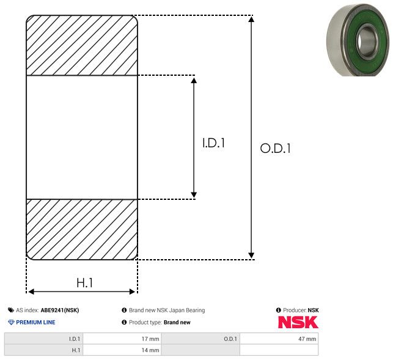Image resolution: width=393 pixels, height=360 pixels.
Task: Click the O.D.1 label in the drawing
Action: click(x=275, y=148)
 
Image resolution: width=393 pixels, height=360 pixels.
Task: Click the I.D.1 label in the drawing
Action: click(x=213, y=143)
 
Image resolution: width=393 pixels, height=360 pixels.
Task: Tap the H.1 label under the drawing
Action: click(x=85, y=283)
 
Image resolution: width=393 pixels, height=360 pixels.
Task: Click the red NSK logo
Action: click(x=298, y=322)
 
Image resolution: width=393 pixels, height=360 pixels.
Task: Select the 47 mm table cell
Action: click(x=279, y=339)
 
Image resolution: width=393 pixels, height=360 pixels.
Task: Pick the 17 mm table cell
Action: click(x=122, y=339)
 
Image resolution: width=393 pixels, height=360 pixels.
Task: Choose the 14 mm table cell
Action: click(x=122, y=350)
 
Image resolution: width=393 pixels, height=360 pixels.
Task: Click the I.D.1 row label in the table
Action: click(x=43, y=339)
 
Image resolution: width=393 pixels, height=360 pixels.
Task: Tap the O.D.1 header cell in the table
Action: click(x=200, y=339)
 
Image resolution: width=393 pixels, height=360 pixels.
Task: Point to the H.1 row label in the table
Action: click(x=43, y=350)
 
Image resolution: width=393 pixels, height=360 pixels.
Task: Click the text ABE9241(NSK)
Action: click(x=60, y=310)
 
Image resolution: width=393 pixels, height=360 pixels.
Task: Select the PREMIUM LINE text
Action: click(x=35, y=322)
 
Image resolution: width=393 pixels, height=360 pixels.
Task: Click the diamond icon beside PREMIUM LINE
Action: click(x=11, y=322)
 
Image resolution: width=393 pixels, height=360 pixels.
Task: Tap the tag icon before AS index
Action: click(x=11, y=310)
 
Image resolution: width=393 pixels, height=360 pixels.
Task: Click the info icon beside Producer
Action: click(x=279, y=310)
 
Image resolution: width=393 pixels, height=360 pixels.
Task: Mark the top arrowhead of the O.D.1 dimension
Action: click(x=251, y=20)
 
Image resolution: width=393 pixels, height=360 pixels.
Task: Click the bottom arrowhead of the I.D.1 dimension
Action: click(x=194, y=195)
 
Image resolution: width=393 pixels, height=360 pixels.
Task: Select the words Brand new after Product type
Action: click(x=177, y=322)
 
